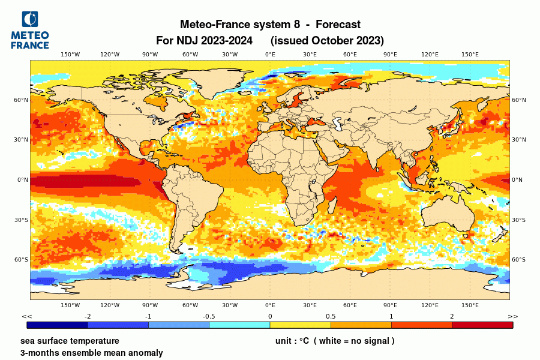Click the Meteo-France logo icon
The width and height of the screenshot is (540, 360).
click(30, 19)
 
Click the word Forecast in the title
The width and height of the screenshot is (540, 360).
click(338, 25)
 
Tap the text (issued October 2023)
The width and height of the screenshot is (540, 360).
click(327, 41)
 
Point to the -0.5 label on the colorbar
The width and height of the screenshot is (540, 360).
click(209, 316)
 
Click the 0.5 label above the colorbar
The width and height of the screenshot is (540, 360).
click(331, 316)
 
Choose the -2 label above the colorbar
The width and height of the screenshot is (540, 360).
click(88, 316)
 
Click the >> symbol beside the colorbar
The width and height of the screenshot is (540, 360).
click(512, 316)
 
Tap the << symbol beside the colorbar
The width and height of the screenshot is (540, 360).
click(27, 316)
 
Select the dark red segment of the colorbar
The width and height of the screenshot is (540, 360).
click(482, 325)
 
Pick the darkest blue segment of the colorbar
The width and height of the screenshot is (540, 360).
click(58, 325)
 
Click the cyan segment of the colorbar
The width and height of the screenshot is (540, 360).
click(239, 325)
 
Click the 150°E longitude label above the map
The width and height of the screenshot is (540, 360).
click(470, 55)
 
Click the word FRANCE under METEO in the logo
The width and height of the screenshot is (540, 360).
click(30, 45)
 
